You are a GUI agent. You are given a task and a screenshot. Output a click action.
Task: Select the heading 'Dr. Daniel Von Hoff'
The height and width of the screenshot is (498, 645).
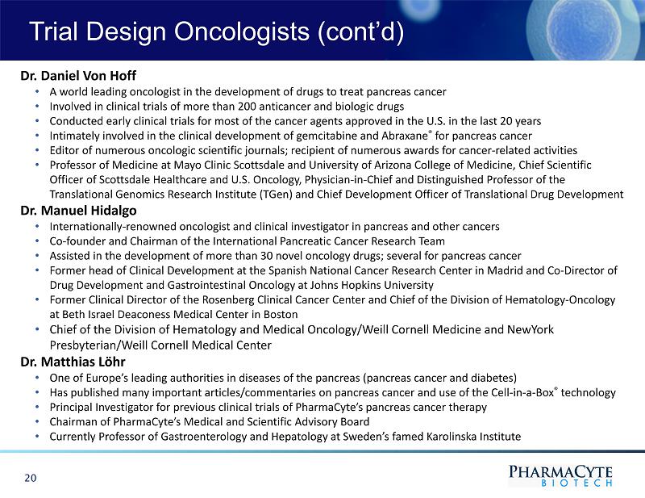78,76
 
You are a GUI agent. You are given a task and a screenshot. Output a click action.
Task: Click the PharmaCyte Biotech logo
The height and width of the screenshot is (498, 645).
560,474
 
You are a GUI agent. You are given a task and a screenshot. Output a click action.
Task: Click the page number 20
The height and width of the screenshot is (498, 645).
31,478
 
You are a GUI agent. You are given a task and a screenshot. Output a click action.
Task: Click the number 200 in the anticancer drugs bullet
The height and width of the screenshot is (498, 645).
275,106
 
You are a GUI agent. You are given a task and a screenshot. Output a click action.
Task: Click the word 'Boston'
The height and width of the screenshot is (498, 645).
281,314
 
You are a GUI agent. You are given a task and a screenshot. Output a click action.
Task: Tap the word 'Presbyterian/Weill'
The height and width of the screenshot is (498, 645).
97,345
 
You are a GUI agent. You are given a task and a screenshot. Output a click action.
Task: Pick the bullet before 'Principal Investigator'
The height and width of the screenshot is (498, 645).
39,408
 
